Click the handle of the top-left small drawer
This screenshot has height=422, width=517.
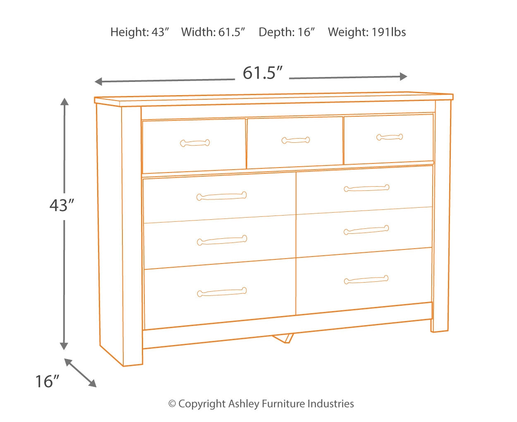click(195, 143)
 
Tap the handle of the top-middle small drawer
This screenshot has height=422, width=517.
click(296, 140)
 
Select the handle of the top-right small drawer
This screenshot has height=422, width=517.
click(390, 137)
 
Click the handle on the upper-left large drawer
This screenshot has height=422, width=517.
click(222, 196)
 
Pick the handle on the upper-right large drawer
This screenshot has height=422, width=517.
click(366, 188)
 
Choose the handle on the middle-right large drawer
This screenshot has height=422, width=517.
click(366, 230)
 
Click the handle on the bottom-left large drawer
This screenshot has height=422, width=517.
click(222, 292)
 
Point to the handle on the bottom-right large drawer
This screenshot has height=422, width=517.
click(366, 280)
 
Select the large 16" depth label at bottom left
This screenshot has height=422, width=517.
click(47, 381)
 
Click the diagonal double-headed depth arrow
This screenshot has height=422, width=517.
click(80, 373)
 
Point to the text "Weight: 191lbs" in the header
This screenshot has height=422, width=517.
click(367, 32)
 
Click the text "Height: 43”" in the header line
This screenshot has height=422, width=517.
click(140, 32)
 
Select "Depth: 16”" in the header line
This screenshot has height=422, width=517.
click(287, 32)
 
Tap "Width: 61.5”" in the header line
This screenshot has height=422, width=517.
click(213, 32)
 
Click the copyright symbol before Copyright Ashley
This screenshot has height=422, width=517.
click(172, 404)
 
